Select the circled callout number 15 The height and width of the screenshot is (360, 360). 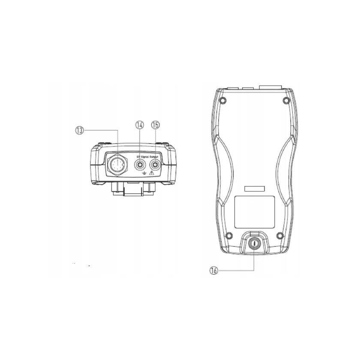(155, 125)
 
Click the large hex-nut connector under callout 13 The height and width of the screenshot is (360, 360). (117, 163)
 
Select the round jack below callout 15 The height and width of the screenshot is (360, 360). (155, 163)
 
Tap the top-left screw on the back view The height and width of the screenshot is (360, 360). (222, 101)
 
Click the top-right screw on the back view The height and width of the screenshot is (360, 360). (285, 101)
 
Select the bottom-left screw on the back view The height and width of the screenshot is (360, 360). (228, 234)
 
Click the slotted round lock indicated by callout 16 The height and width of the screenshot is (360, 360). (254, 243)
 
